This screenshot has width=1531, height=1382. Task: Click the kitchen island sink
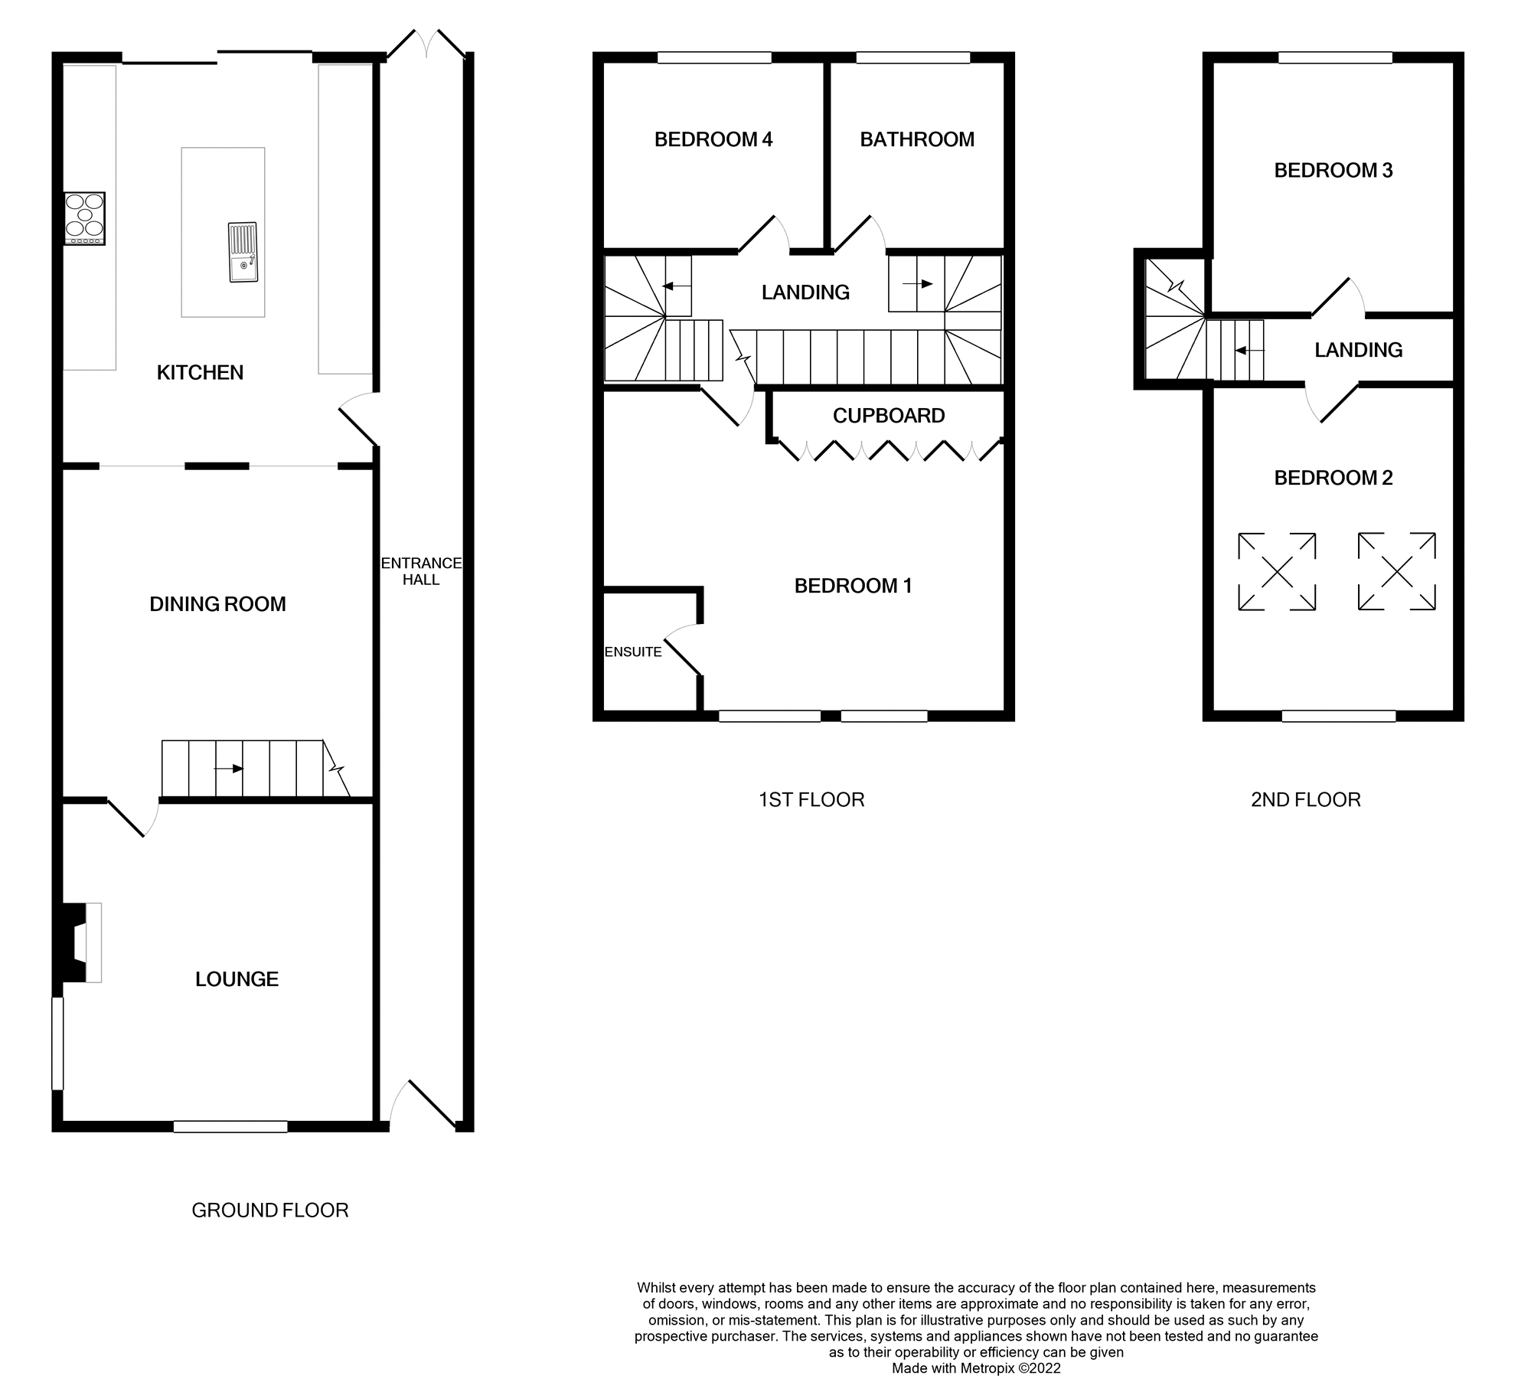coord(243,252)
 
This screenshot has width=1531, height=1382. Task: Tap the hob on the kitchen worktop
coord(84,217)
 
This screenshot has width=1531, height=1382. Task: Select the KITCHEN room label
coord(200,373)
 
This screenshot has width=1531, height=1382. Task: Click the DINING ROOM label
coord(217,604)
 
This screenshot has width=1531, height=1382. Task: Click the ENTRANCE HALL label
coord(421,571)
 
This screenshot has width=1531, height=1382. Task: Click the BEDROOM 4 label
coord(713,139)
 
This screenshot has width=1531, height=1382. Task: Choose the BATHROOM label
coord(917,139)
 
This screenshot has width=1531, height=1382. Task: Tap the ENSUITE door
coord(682,651)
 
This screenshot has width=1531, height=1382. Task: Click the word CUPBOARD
coord(888,416)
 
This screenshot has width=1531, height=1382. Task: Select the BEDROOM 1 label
coord(853,586)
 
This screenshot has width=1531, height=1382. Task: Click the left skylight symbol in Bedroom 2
coord(1277,572)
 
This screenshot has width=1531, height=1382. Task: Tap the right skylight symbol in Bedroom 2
coord(1396,572)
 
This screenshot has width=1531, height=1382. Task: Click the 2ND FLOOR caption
coord(1305,800)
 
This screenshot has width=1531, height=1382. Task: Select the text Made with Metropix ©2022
coord(976,1368)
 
